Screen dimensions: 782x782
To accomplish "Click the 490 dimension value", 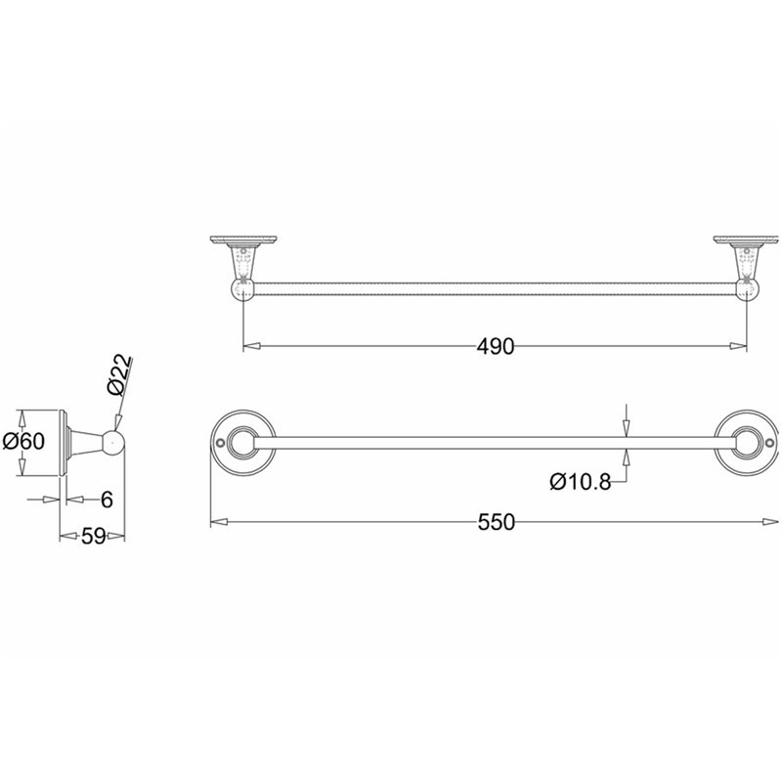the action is (495, 346).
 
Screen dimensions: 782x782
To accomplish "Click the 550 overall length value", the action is (496, 522).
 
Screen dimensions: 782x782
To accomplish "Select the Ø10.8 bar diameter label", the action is (581, 482).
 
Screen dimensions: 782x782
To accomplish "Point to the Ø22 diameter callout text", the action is (119, 374).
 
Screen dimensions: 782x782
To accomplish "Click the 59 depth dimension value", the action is (94, 536).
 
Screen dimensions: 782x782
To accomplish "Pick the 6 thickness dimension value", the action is (107, 500).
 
